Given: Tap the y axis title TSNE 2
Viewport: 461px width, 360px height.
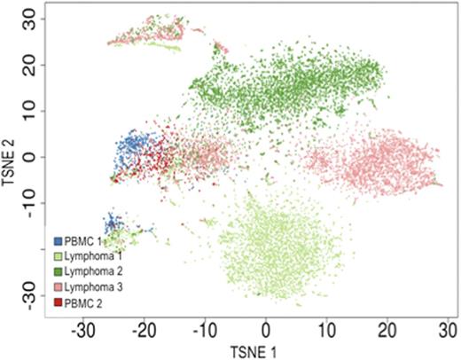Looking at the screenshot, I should pyautogui.click(x=9, y=158).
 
